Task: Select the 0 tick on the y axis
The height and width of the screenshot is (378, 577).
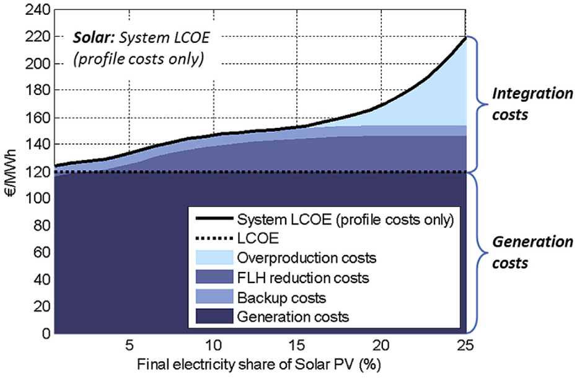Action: pyautogui.click(x=45, y=334)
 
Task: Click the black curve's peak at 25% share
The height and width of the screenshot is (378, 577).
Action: pyautogui.click(x=465, y=38)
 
